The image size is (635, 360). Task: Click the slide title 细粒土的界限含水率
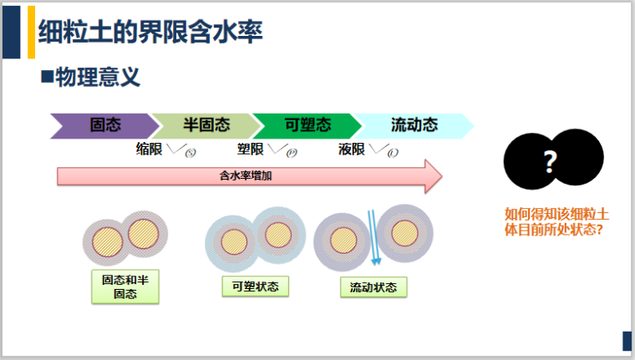click(x=150, y=33)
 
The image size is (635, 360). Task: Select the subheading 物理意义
click(x=98, y=79)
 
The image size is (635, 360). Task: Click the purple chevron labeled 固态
click(x=104, y=125)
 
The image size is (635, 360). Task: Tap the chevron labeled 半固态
click(x=206, y=125)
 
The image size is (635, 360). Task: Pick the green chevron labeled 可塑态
click(x=307, y=125)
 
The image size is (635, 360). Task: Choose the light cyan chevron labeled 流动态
click(x=414, y=125)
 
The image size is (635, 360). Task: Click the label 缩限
click(x=149, y=150)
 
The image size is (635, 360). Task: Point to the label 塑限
click(x=251, y=150)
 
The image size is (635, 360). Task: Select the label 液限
click(x=352, y=150)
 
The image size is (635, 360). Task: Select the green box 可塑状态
click(x=256, y=286)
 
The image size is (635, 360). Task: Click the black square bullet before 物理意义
click(x=47, y=79)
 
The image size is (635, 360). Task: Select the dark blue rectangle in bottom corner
click(x=627, y=341)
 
